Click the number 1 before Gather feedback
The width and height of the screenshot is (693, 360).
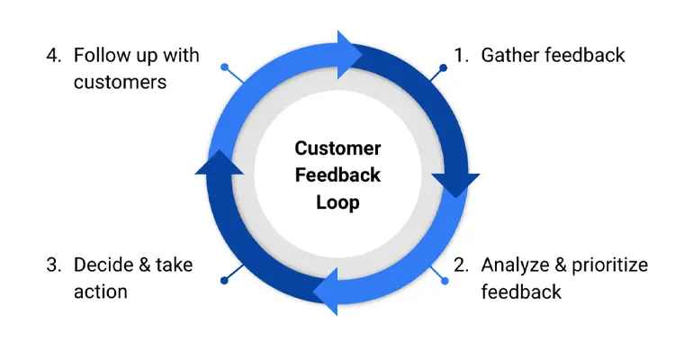pos(461,56)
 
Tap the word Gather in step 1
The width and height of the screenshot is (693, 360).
pos(508,56)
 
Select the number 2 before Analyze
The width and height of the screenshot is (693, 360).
pos(461,265)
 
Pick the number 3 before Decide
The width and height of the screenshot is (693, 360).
pos(53,265)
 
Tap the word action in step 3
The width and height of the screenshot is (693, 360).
pos(101,292)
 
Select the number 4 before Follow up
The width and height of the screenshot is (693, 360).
pos(53,56)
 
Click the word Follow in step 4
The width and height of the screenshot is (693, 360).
pos(100,56)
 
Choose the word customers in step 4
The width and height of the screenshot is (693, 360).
pos(120,83)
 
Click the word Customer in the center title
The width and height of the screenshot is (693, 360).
pos(337,148)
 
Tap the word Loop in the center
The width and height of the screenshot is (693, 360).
pos(337,202)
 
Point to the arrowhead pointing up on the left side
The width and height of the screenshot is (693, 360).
pos(219,163)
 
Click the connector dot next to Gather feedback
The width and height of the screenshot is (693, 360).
pos(443,67)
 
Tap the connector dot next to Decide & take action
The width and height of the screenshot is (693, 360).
pos(224,280)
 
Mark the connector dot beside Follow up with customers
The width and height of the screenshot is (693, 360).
pos(224,67)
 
